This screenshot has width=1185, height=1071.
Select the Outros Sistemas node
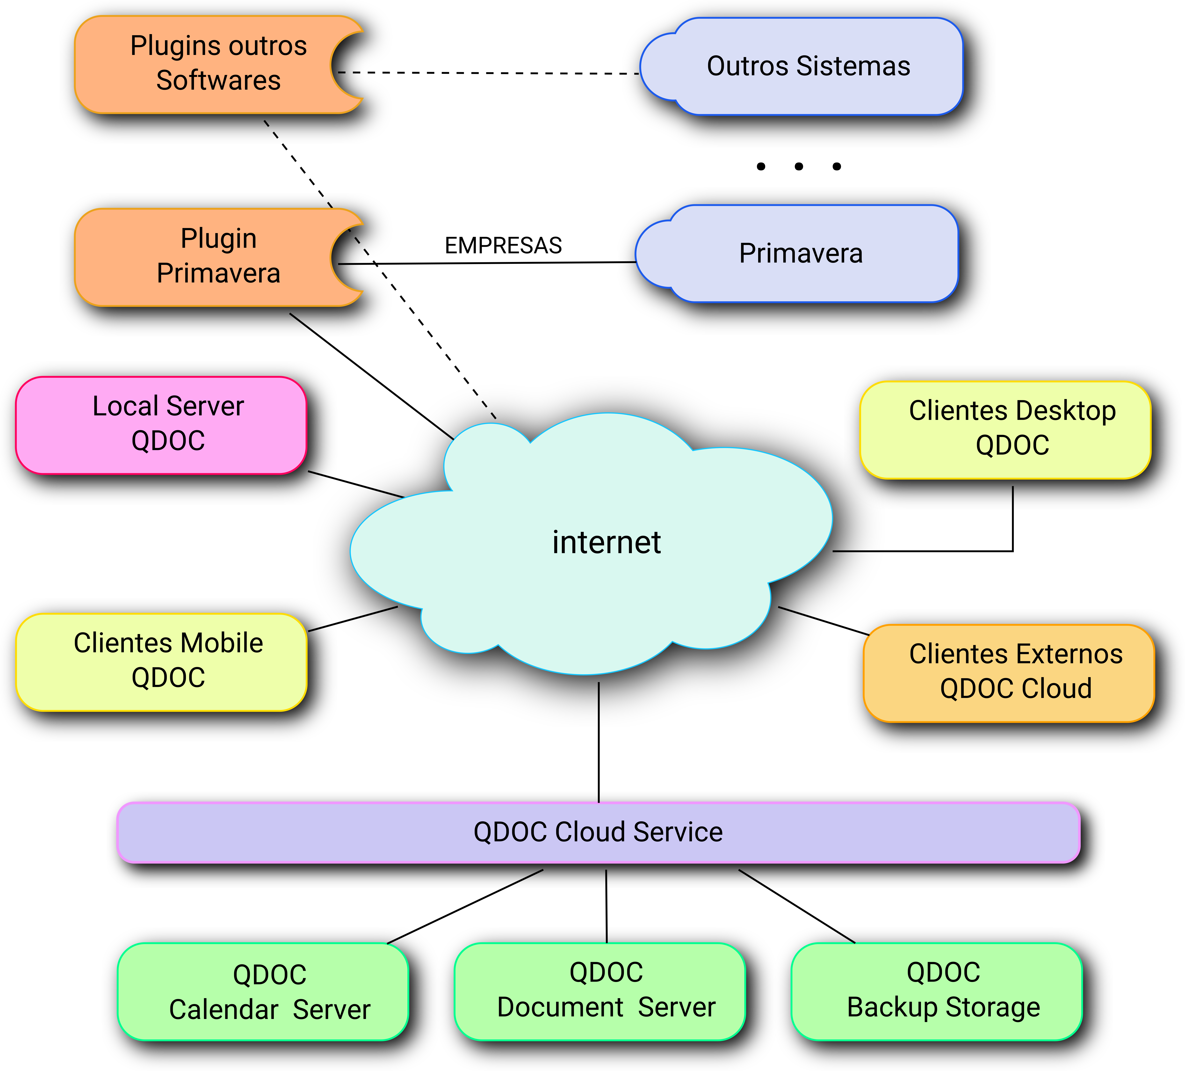(808, 66)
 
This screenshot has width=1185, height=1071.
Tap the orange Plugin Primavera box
(217, 257)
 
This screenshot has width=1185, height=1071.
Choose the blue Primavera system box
(801, 253)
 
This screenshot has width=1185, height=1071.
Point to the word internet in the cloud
(607, 542)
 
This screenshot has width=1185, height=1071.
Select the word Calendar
(223, 1010)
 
